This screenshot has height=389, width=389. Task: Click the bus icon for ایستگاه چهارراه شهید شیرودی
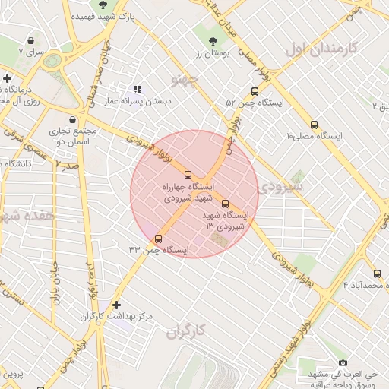pos(188,175)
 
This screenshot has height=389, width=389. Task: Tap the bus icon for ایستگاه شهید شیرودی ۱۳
pos(225,203)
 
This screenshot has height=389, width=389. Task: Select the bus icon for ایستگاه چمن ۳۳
pos(158,239)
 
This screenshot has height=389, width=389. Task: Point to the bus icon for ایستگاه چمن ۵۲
pos(254,90)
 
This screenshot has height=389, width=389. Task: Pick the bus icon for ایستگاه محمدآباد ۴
pos(377,274)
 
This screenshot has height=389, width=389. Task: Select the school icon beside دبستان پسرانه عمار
pos(138,89)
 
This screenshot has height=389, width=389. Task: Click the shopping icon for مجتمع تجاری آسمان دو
pos(72,120)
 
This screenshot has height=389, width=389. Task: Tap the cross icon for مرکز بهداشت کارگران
pos(116,304)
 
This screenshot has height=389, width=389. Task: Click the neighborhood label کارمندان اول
pos(321,49)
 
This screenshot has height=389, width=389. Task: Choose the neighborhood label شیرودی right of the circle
pos(280,186)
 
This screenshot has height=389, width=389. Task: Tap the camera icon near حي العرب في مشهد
pos(343,363)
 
